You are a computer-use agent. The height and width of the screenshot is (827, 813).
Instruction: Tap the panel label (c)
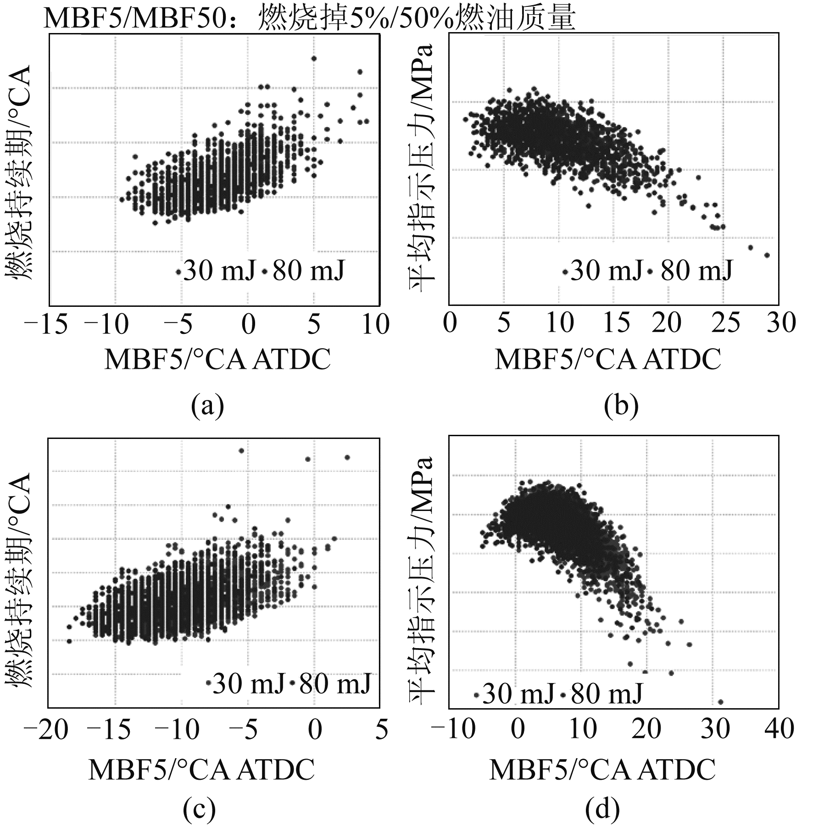coord(199,810)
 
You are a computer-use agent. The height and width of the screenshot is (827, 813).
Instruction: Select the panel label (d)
coord(602,810)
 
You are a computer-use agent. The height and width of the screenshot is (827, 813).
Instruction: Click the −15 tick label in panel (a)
coord(46,325)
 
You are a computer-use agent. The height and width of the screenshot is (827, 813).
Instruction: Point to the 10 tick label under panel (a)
coord(376,325)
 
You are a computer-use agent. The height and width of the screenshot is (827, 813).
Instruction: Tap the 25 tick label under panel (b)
coord(726,323)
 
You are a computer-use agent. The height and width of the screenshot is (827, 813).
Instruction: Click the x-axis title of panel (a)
coord(217,360)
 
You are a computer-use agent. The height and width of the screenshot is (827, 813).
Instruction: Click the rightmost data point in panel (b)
coord(767,255)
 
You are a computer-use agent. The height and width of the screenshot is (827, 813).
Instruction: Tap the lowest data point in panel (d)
coord(720,702)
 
